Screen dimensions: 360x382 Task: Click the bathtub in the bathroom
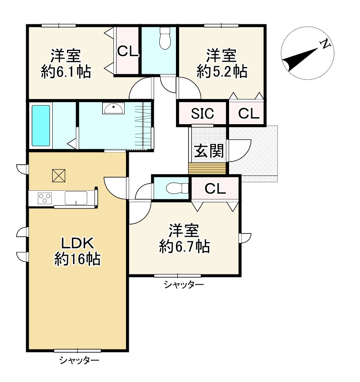pyautogui.click(x=41, y=126)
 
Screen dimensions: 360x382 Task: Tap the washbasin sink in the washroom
pyautogui.click(x=113, y=108)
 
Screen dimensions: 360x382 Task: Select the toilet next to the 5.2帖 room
pyautogui.click(x=165, y=38)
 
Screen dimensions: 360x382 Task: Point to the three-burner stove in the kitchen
pyautogui.click(x=45, y=198)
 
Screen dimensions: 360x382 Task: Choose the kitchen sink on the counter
pyautogui.click(x=76, y=198)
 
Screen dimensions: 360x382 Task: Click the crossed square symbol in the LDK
pyautogui.click(x=59, y=175)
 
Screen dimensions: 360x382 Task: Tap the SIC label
pyautogui.click(x=202, y=113)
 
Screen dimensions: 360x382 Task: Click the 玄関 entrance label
pyautogui.click(x=209, y=151)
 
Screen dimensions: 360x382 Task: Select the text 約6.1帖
pyautogui.click(x=66, y=72)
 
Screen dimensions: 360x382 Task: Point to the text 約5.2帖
pyautogui.click(x=222, y=72)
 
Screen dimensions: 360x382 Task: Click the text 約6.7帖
pyautogui.click(x=184, y=247)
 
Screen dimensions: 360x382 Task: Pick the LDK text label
pyautogui.click(x=77, y=243)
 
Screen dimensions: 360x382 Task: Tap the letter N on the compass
pyautogui.click(x=325, y=44)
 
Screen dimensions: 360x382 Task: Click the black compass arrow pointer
pyautogui.click(x=300, y=60)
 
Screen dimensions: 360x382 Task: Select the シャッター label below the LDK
pyautogui.click(x=79, y=360)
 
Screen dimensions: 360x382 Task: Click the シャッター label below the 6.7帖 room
pyautogui.click(x=184, y=284)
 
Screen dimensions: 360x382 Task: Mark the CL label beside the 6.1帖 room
pyautogui.click(x=128, y=51)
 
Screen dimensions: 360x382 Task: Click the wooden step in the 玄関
pyautogui.click(x=207, y=168)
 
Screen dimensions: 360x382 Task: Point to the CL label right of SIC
pyautogui.click(x=249, y=113)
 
